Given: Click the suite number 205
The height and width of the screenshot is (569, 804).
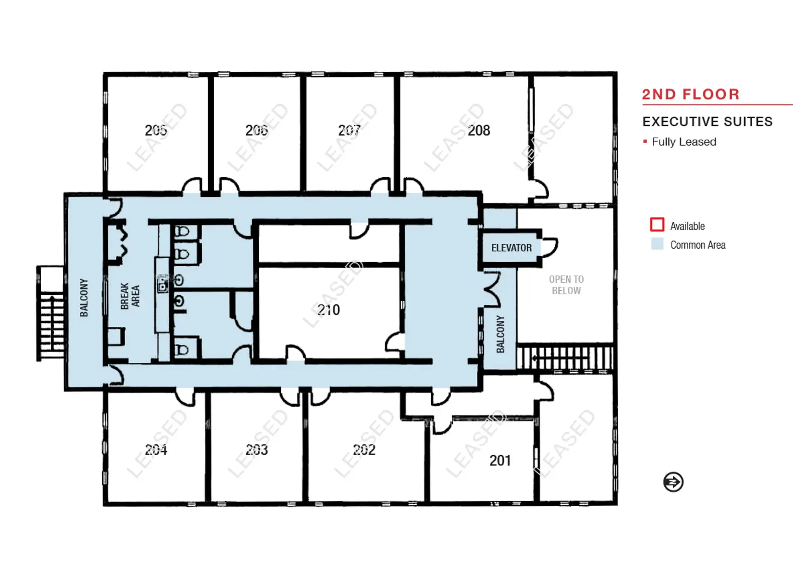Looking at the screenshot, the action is [156, 130].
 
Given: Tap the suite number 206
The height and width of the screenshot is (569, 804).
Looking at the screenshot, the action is [257, 130].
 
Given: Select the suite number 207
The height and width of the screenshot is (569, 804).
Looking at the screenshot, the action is [349, 130].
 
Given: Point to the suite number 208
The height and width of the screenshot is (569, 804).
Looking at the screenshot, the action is [479, 131].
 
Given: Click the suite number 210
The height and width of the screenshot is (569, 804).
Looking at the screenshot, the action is [329, 310].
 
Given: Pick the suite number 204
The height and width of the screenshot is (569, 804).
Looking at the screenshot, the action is [156, 449].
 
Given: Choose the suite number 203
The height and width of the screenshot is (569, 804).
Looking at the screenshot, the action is [257, 449].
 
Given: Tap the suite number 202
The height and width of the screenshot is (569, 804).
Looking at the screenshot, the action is [364, 449].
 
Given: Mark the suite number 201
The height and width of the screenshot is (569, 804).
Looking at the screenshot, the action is [500, 461].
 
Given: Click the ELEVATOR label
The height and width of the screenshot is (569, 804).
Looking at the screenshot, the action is [512, 248].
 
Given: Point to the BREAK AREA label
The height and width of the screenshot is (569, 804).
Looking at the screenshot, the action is [130, 296].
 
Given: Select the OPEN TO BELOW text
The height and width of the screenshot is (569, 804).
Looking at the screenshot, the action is [566, 285].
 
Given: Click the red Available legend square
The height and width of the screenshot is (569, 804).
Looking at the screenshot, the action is [657, 224].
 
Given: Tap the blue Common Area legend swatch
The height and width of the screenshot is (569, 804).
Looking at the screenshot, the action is [657, 244].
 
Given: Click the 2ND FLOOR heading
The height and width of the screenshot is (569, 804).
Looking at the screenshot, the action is [691, 94].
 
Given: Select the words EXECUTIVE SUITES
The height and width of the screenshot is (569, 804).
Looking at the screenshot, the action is [708, 122].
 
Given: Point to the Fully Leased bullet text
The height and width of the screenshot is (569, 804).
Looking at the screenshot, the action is [684, 142].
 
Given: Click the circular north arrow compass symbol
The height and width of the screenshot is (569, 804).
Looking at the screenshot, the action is [673, 482].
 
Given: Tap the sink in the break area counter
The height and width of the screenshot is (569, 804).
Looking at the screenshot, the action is [163, 284].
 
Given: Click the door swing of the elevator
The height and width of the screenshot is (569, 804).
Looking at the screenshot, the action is [550, 247].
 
